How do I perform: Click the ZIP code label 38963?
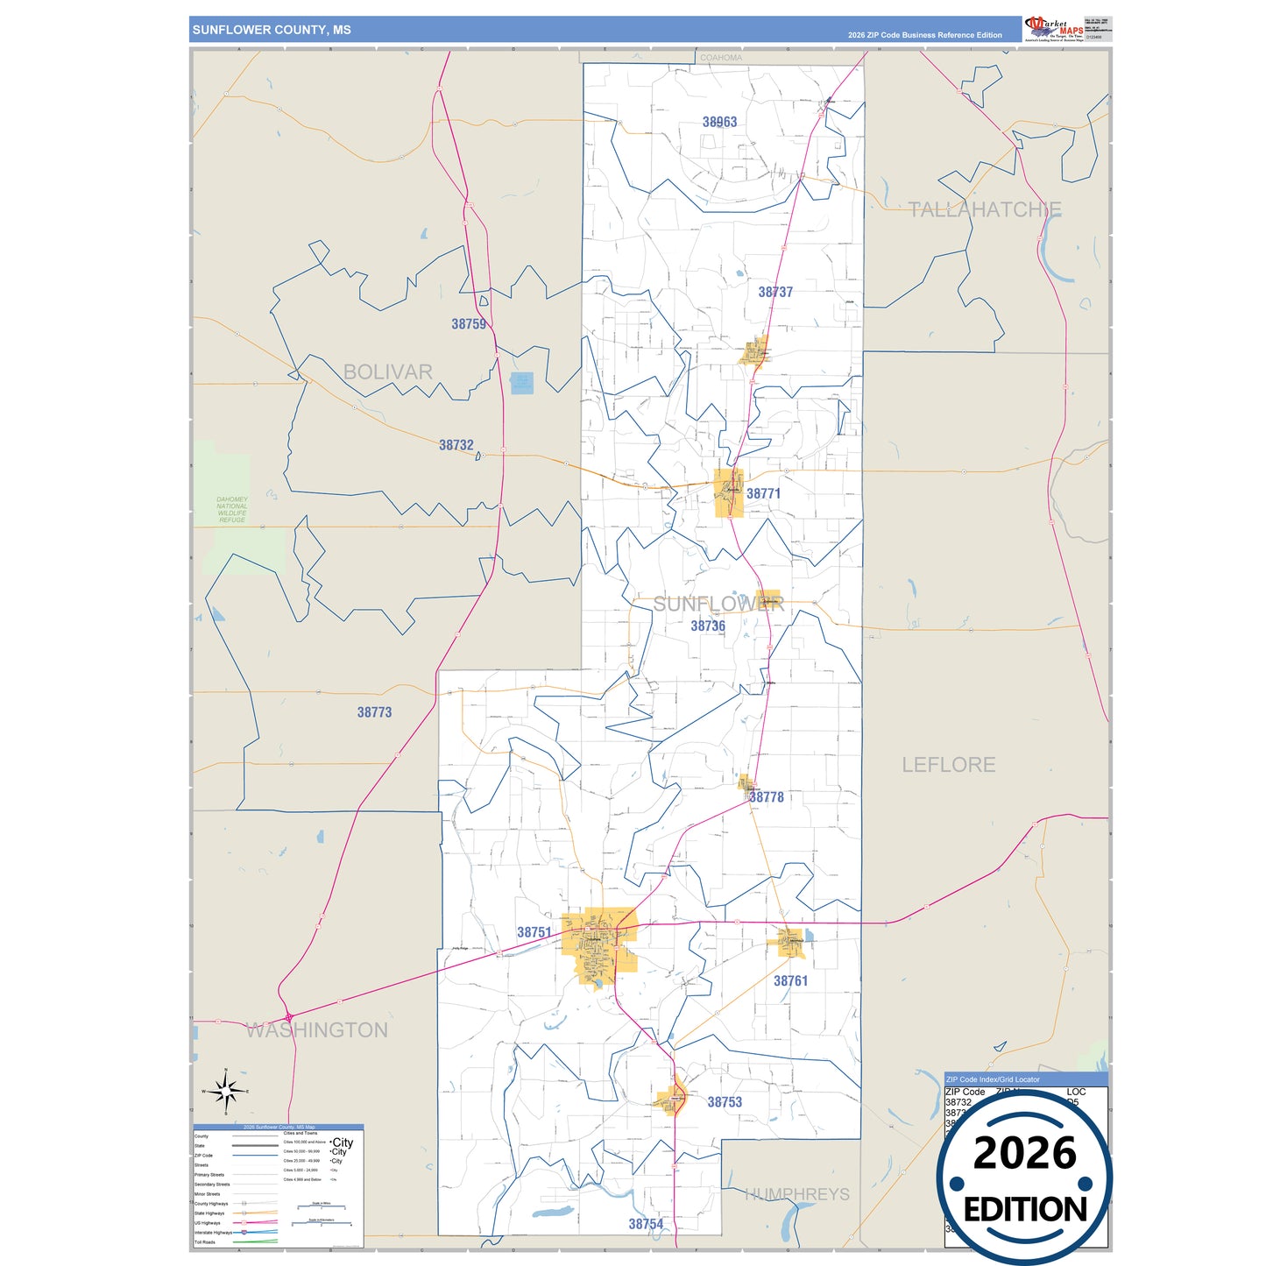click(719, 122)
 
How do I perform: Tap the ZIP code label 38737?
click(775, 292)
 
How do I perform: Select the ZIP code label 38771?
click(763, 493)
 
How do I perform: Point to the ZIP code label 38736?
click(708, 626)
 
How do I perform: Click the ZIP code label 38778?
click(767, 796)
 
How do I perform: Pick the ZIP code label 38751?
click(534, 932)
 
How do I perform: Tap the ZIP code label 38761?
click(790, 980)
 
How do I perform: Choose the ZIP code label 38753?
click(725, 1102)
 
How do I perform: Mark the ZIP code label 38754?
click(646, 1224)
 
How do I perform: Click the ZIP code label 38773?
click(374, 712)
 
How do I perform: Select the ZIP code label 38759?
click(469, 324)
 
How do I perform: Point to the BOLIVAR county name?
click(388, 372)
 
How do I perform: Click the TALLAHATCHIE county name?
click(985, 210)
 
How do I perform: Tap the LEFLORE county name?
click(949, 765)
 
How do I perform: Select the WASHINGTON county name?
click(316, 1030)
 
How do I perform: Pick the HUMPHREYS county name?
click(797, 1194)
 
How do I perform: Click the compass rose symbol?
click(226, 1092)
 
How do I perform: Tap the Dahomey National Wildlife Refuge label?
click(232, 510)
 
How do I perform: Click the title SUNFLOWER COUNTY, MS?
click(272, 30)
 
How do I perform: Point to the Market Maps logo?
click(1054, 29)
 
